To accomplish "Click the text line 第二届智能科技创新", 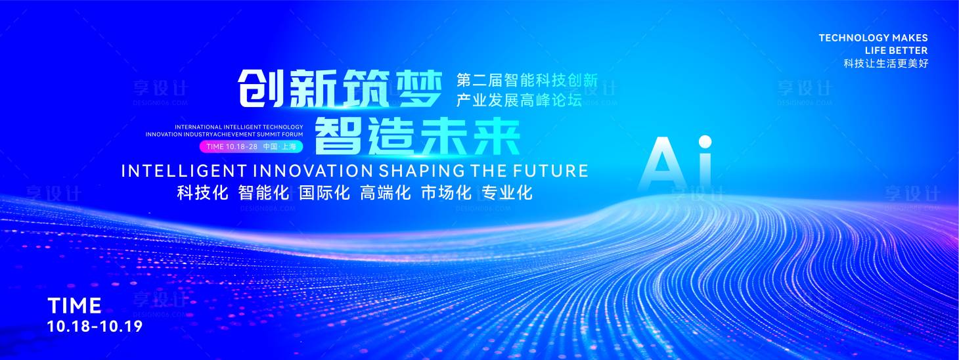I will pos(527,81).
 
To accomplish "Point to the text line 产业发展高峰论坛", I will pos(519,101).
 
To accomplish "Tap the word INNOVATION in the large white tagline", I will pos(313,171).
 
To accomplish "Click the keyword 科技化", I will pos(202,192).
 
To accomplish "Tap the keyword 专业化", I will pos(507,192).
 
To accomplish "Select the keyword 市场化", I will pos(446,192).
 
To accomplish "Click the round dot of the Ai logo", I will pos(705,142).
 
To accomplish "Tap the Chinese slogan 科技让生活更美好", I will pos(886,64).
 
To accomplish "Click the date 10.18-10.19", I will pos(95,326).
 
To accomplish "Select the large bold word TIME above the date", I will pos(74,305).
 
